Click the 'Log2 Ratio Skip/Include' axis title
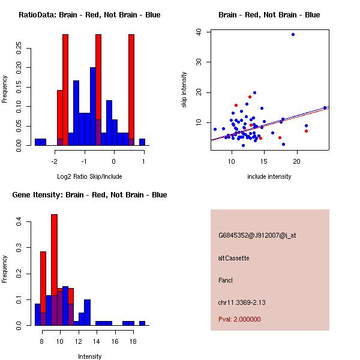[x=89, y=176]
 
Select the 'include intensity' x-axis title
[x=269, y=176]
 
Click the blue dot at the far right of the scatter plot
[x=325, y=108]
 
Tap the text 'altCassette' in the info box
[x=234, y=258]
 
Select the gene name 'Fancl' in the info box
[x=226, y=280]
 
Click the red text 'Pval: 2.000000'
[x=240, y=319]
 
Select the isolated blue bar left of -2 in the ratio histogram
[x=40, y=142]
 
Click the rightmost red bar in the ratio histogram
[x=131, y=90]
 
